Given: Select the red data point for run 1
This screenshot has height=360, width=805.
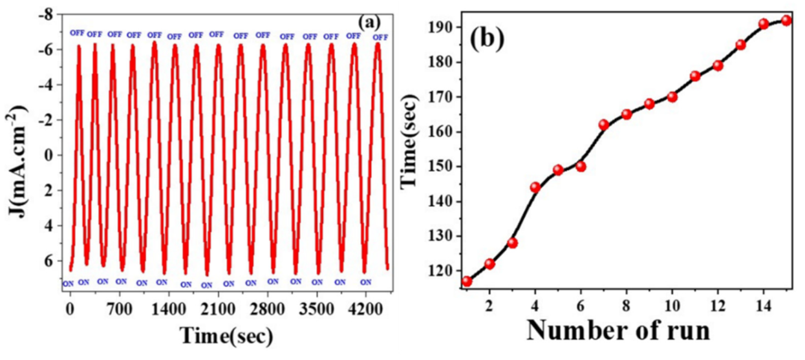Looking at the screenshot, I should [467, 281].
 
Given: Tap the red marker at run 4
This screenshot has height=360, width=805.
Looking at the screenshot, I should [535, 187].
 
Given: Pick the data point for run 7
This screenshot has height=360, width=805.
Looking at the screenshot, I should [604, 125].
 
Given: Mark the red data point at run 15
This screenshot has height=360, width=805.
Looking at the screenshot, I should [786, 20].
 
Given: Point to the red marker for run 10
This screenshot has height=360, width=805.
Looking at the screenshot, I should [672, 97].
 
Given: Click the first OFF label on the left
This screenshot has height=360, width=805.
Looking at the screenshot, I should [77, 33].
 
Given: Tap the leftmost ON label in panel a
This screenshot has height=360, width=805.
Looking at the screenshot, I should [68, 283].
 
